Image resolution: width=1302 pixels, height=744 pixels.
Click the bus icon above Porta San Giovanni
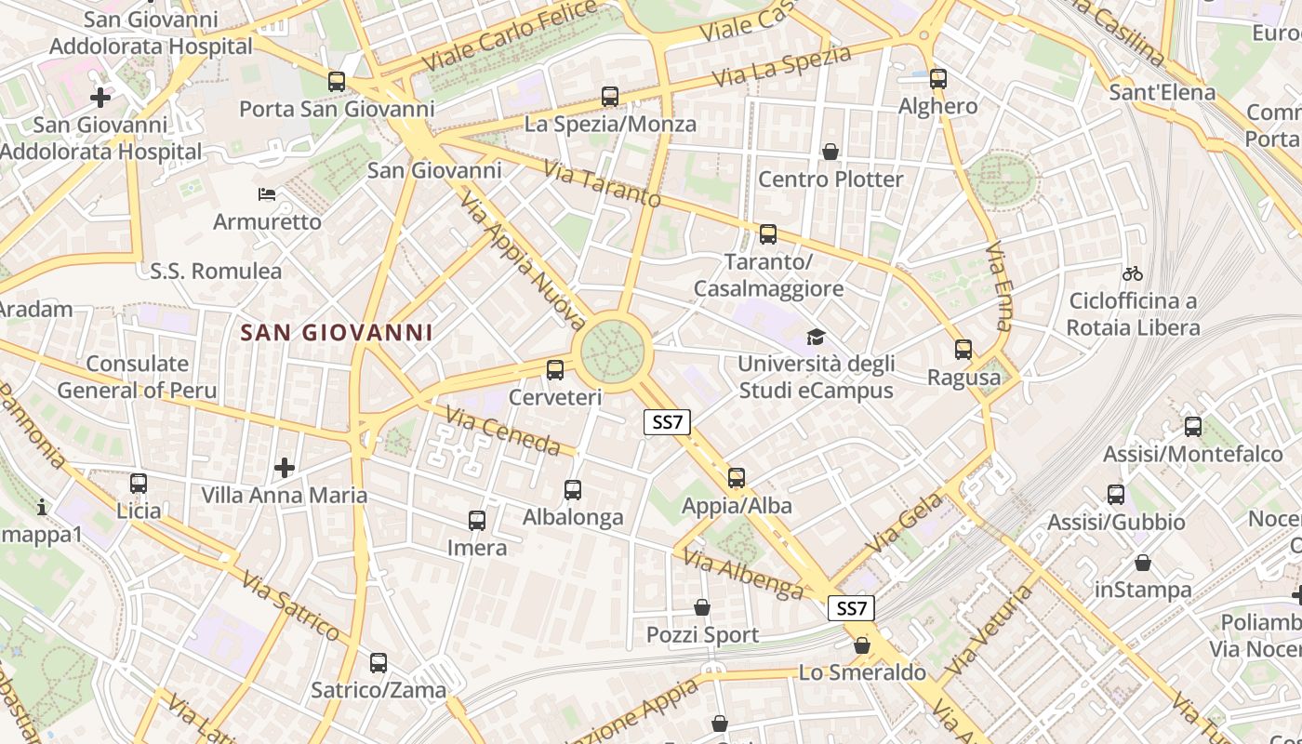tap(337, 82)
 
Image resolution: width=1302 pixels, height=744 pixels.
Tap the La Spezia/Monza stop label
tap(610, 124)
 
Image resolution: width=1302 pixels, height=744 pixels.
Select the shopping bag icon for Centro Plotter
tap(830, 152)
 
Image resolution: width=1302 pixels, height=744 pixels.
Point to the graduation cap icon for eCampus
tap(816, 337)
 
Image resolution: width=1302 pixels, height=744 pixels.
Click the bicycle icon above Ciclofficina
tap(1132, 273)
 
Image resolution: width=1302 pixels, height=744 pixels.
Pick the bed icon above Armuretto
tap(267, 194)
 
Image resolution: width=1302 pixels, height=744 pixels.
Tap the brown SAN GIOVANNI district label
tap(337, 332)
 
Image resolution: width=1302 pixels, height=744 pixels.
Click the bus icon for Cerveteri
tap(555, 370)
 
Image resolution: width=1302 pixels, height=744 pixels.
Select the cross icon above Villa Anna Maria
tap(285, 467)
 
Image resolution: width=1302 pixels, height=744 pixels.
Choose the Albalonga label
tap(573, 517)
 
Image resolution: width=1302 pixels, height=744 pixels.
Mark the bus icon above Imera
tap(477, 521)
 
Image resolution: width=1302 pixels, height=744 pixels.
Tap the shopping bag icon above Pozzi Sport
tap(702, 607)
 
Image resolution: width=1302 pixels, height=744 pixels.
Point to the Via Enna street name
tap(999, 286)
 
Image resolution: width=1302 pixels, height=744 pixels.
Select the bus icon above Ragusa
tap(963, 350)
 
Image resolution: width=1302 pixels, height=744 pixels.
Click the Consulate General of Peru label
tap(137, 377)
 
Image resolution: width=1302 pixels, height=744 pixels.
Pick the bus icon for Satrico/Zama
tap(379, 663)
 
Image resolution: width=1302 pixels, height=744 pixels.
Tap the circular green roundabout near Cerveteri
tap(613, 352)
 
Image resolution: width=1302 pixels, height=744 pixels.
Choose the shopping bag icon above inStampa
tap(1143, 563)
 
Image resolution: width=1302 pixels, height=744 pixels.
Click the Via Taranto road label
tap(603, 185)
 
